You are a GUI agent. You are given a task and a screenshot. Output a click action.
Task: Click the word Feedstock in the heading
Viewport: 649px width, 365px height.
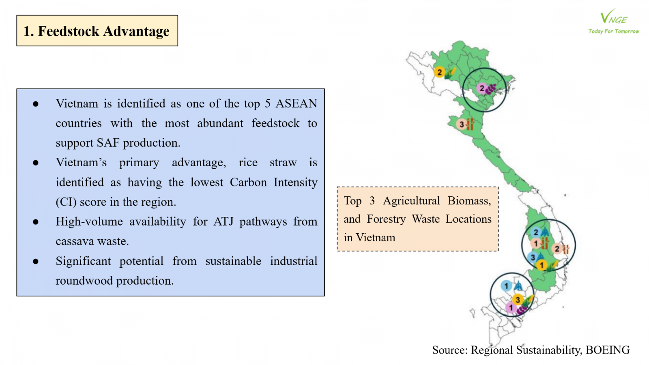point(69,31)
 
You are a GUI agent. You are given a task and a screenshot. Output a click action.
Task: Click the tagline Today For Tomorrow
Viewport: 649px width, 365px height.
point(614,31)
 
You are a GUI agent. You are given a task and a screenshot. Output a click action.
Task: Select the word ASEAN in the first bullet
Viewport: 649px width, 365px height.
point(296,104)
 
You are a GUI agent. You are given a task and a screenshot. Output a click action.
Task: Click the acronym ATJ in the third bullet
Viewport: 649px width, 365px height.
point(223,221)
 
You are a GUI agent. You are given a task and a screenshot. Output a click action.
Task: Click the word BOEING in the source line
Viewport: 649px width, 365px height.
point(608,350)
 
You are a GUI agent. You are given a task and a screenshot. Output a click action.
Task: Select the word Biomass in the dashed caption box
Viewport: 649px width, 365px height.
point(469,201)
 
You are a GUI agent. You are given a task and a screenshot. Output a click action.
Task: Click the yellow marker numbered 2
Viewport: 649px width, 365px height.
point(440,73)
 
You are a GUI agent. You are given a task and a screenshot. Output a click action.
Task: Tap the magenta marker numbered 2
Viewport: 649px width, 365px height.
point(482,88)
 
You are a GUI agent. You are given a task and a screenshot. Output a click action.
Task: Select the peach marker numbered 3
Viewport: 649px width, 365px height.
point(462,125)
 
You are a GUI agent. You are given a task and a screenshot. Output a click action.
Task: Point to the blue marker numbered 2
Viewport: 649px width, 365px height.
point(536,232)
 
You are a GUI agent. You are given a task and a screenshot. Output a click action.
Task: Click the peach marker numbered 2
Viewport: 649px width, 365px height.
point(557,249)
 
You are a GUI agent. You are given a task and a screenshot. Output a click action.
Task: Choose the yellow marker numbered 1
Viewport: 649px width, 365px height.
point(542,265)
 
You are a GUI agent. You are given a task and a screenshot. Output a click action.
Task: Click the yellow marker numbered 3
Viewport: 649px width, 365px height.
point(518,300)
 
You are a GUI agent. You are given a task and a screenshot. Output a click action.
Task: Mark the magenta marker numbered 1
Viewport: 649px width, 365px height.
point(511,308)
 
